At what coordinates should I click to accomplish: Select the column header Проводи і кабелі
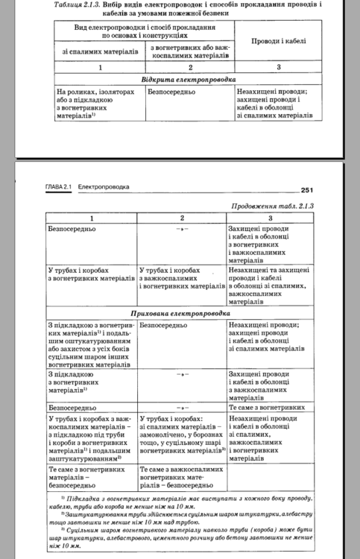(x=277, y=42)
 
